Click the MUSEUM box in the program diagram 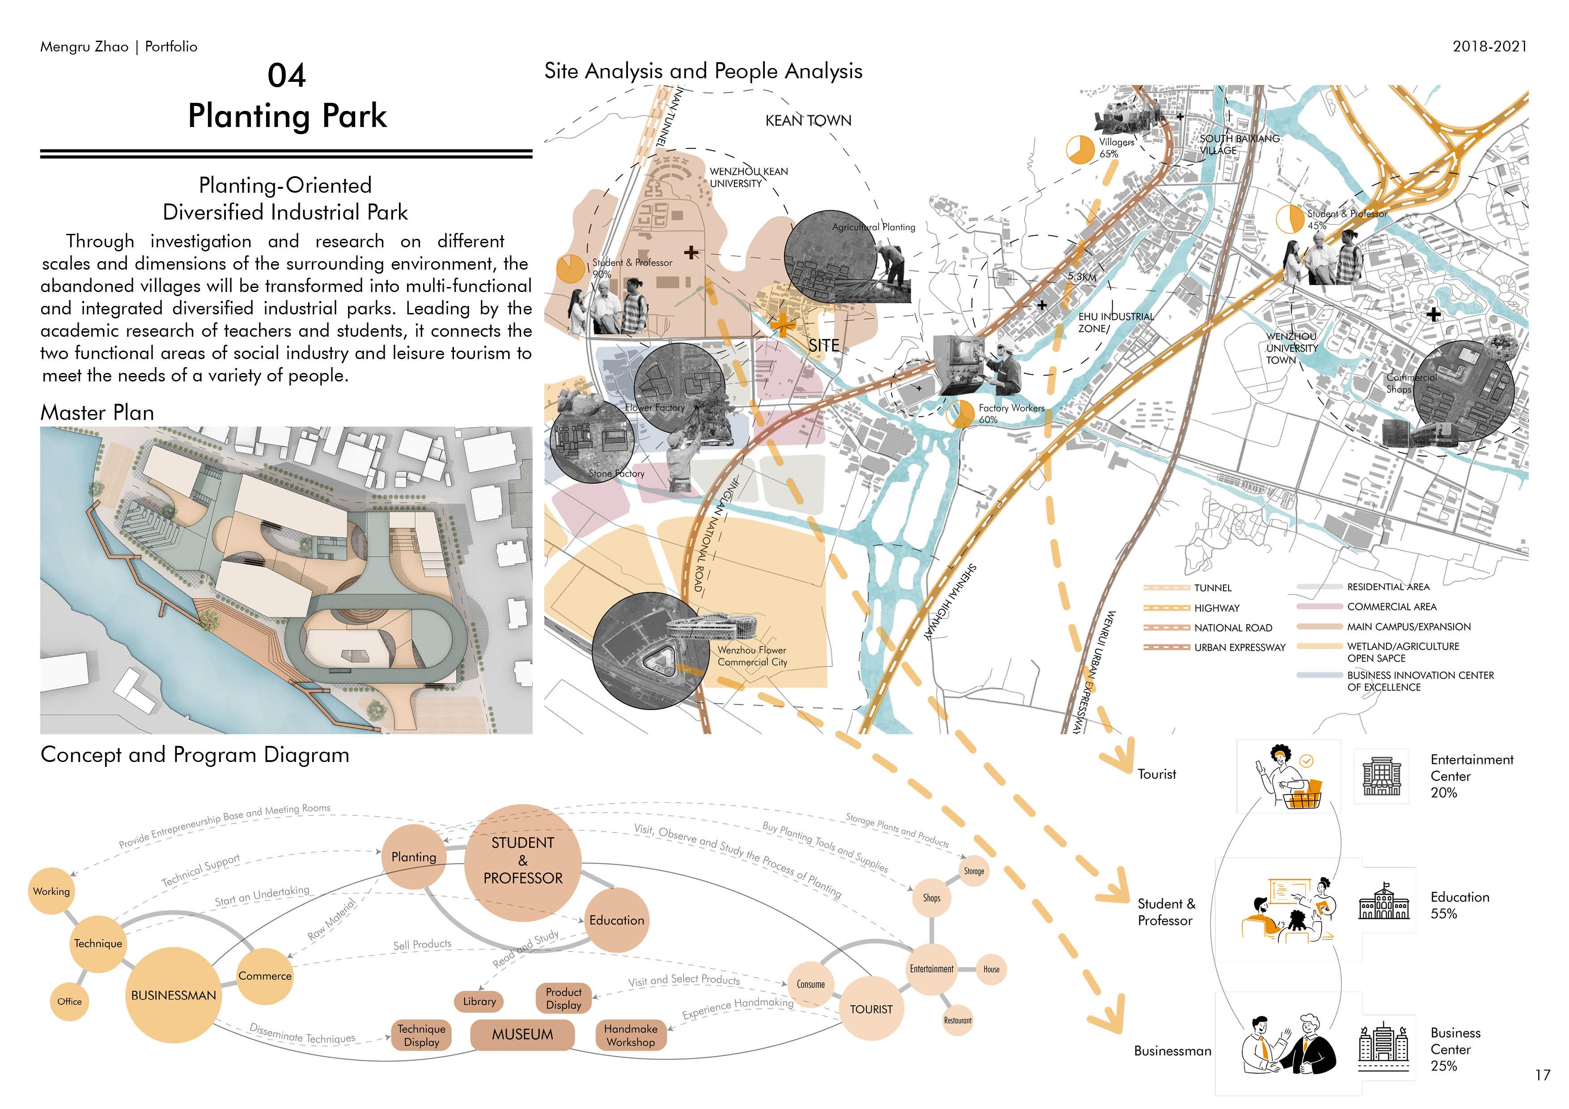pos(522,1034)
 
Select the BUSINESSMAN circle pos(174,995)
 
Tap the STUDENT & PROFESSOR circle pos(523,861)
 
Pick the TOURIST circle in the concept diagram pos(871,1009)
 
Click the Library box pos(479,1002)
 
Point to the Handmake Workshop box pos(630,1035)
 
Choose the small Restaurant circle pos(958,1020)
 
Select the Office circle pos(69,1002)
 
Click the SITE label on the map pos(823,346)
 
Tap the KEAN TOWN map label pos(808,121)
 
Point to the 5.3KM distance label pos(1082,277)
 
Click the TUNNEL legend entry pos(1213,588)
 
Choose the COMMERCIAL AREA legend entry pos(1391,607)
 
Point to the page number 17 pos(1542,1075)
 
